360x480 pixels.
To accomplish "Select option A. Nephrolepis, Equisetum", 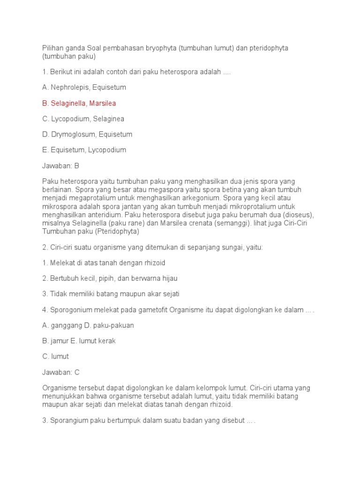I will pyautogui.click(x=84, y=87).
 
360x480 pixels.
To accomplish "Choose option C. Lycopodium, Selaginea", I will pyautogui.click(x=83, y=119).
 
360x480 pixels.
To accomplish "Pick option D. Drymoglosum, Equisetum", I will pyautogui.click(x=87, y=134).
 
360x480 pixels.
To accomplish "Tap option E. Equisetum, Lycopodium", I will pyautogui.click(x=84, y=150).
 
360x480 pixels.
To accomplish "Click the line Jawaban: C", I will pyautogui.click(x=61, y=372).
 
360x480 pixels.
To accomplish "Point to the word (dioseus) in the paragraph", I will pyautogui.click(x=297, y=215).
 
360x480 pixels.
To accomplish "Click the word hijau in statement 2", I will pyautogui.click(x=168, y=278).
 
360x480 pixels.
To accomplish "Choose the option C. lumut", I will pyautogui.click(x=55, y=356).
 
